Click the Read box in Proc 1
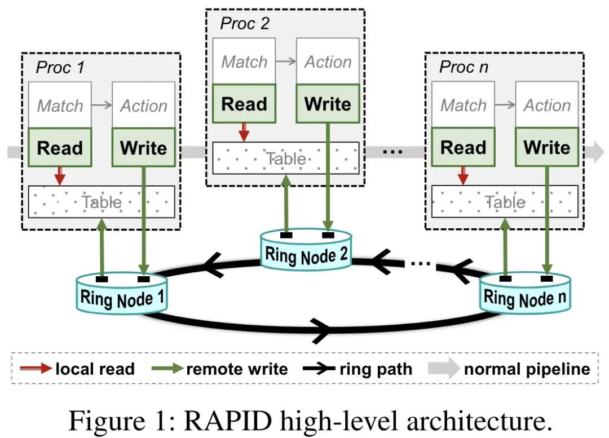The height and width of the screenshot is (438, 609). point(60,148)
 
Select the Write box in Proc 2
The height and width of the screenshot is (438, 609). point(328,104)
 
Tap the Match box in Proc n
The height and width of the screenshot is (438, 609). point(463,105)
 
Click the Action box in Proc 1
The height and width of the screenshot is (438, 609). point(144,105)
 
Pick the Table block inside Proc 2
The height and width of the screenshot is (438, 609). point(285,158)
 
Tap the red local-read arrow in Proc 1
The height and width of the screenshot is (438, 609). point(60,176)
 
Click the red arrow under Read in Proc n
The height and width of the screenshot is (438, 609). point(463,175)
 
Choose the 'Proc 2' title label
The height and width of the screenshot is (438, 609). point(245,24)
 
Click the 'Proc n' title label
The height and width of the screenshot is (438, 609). point(464,68)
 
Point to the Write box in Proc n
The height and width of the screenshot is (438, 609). point(547,148)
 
